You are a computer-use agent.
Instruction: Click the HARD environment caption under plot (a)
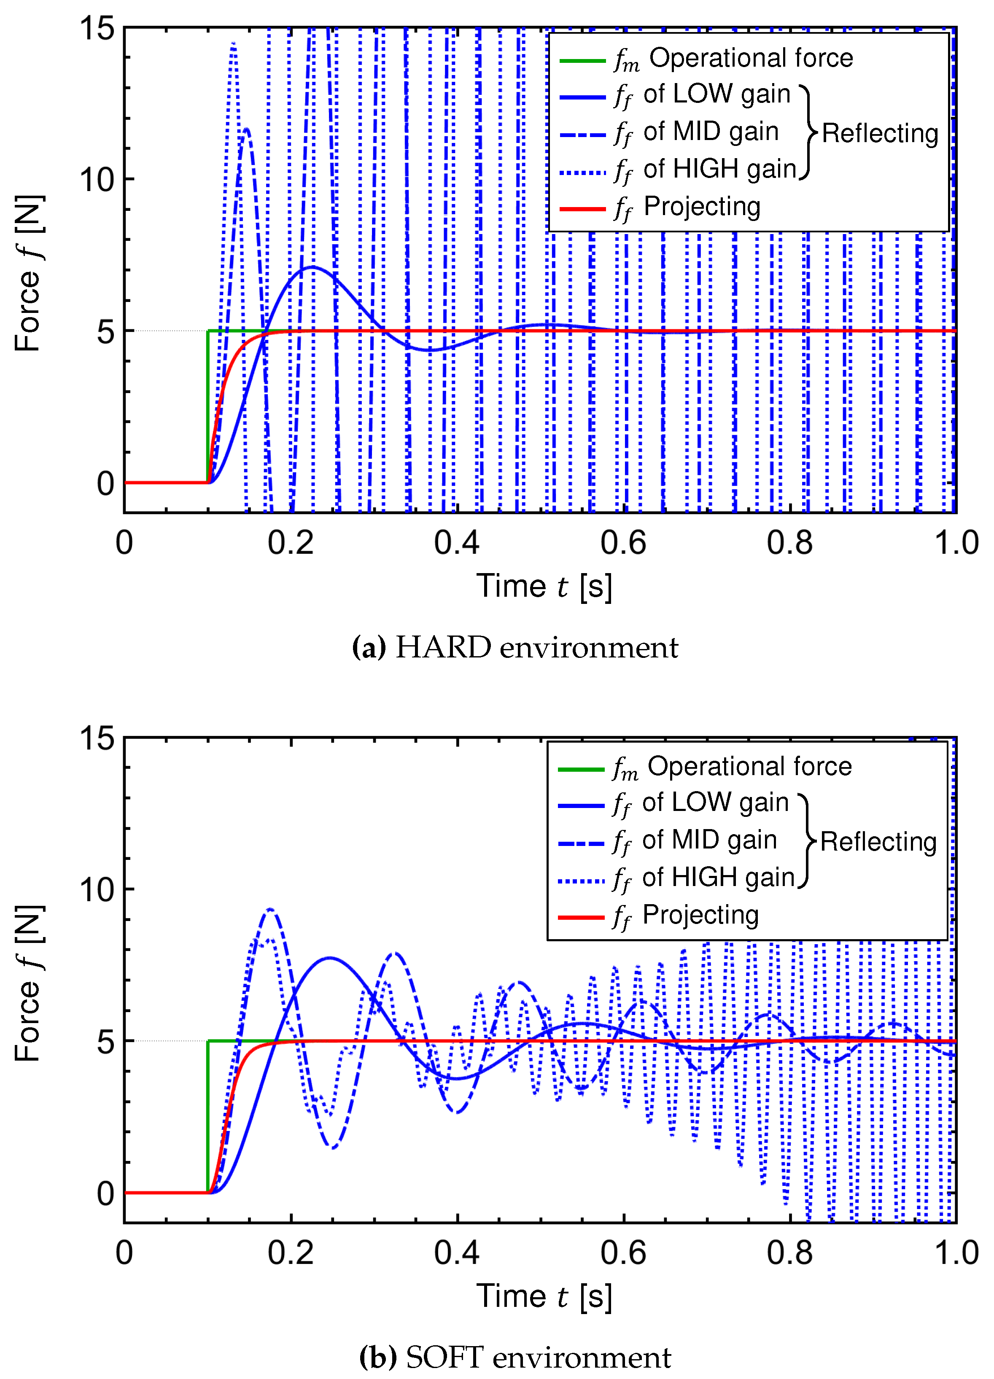(515, 648)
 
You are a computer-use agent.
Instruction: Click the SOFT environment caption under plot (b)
(515, 1357)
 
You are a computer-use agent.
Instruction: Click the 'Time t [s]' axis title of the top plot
(544, 587)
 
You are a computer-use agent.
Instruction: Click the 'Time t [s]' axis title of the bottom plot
(544, 1297)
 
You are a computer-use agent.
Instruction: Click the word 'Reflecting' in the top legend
(880, 133)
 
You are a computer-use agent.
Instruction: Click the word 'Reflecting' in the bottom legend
(878, 842)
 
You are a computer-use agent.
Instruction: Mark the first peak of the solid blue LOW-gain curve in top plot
(312, 267)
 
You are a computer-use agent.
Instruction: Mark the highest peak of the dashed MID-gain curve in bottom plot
(270, 910)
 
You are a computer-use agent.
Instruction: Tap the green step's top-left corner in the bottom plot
(208, 1041)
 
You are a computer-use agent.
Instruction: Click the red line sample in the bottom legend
(581, 916)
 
